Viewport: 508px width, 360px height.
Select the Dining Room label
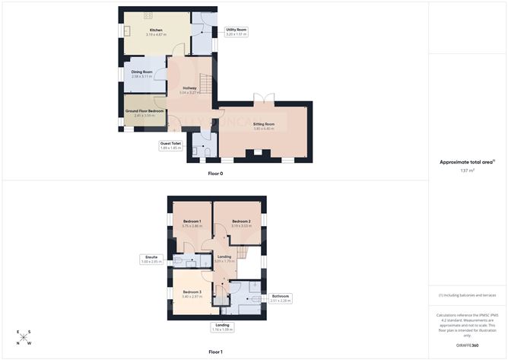point(142,72)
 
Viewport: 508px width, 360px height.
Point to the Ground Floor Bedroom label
point(144,111)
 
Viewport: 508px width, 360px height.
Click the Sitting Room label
point(264,123)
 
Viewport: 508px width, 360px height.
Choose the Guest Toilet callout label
point(170,145)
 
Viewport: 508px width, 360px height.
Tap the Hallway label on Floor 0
point(190,88)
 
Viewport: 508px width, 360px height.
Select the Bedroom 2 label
point(241,221)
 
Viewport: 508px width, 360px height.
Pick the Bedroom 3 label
point(191,292)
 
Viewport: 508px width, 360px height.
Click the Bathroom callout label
point(280,298)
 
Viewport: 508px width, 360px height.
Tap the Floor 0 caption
point(215,174)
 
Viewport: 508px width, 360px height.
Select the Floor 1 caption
point(215,352)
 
